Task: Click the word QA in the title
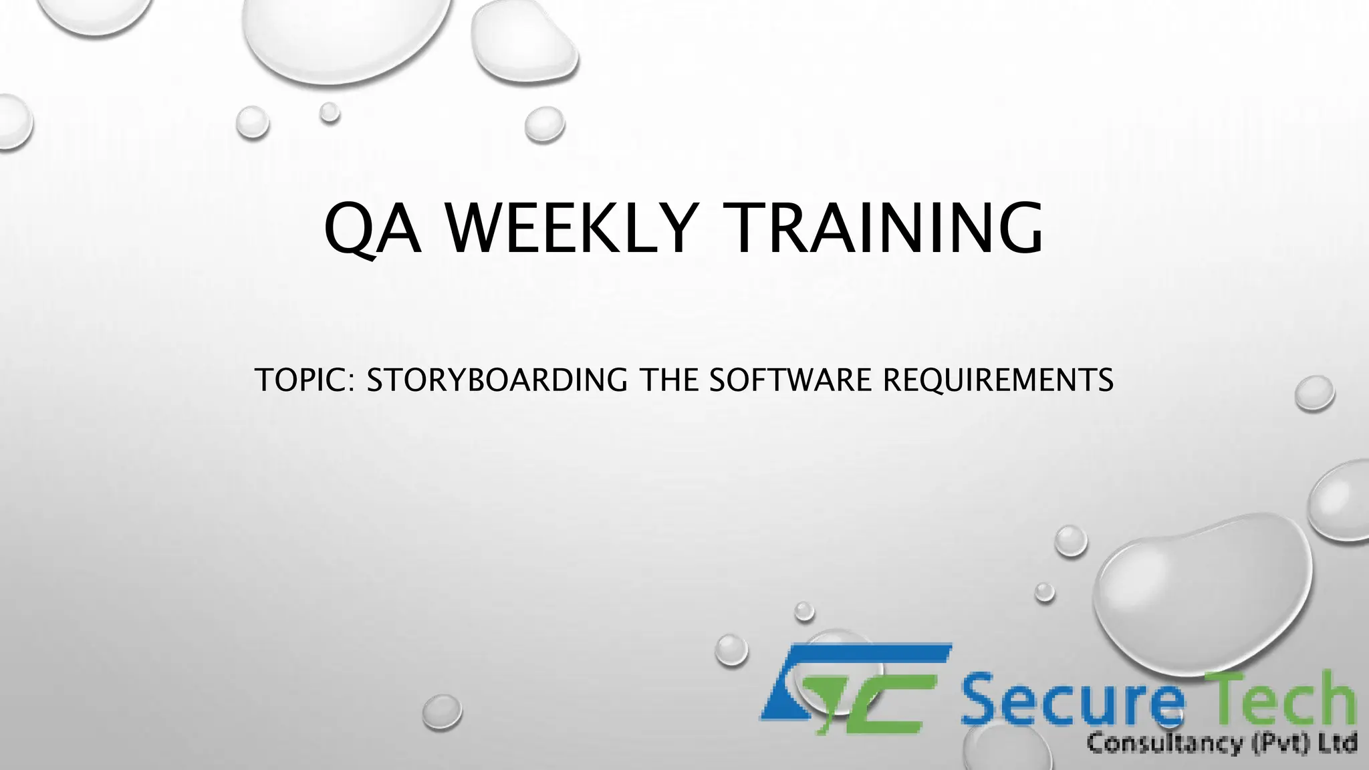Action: click(372, 229)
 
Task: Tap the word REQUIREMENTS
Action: click(998, 380)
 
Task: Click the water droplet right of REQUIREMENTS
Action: click(1314, 392)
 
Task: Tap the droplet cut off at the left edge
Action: click(12, 122)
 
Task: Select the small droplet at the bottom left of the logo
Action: click(442, 711)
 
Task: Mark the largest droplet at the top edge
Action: click(344, 33)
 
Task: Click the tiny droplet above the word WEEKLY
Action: click(329, 112)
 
